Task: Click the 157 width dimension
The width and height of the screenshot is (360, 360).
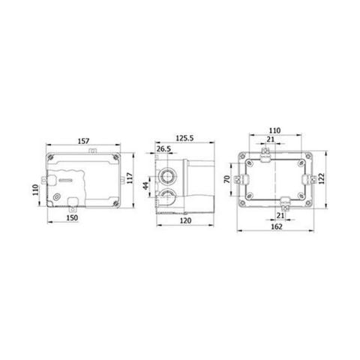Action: [82, 139]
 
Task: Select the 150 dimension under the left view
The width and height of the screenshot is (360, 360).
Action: [72, 218]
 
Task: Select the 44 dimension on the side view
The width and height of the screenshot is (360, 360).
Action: [145, 185]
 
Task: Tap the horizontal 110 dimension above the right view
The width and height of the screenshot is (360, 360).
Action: [274, 130]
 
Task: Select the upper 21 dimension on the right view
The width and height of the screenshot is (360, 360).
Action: [269, 139]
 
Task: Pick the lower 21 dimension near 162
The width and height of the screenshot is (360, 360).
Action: [280, 215]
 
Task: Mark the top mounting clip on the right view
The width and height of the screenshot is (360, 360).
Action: [266, 154]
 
